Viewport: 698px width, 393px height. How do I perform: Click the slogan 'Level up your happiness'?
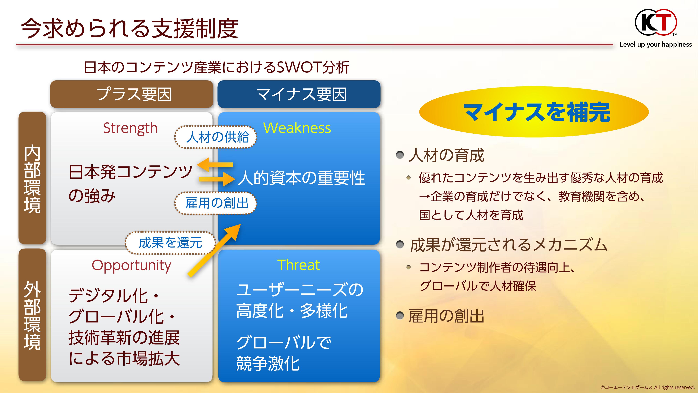(656, 45)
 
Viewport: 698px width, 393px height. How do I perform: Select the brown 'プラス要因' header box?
(132, 94)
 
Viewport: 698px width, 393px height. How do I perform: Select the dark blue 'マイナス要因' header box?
(299, 94)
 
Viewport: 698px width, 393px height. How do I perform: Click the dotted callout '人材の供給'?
(216, 137)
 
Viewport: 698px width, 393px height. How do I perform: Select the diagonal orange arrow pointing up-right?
(214, 250)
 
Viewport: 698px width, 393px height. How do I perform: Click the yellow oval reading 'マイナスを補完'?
(534, 112)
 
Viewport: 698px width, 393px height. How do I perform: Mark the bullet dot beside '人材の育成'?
(400, 155)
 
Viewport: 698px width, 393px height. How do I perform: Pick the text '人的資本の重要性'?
(301, 178)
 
